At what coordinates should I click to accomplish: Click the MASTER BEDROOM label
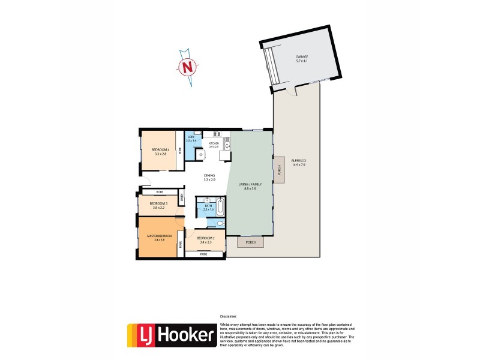(159, 236)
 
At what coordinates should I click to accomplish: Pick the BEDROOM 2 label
(205, 239)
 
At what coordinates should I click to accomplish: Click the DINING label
(209, 175)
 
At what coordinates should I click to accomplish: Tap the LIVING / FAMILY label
(250, 185)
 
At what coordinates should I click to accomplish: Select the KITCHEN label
(214, 144)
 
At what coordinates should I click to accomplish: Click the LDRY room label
(191, 137)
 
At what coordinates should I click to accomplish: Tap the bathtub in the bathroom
(220, 208)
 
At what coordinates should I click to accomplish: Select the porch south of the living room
(251, 242)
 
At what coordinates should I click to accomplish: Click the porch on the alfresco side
(278, 171)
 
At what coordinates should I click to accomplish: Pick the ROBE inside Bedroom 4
(179, 152)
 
